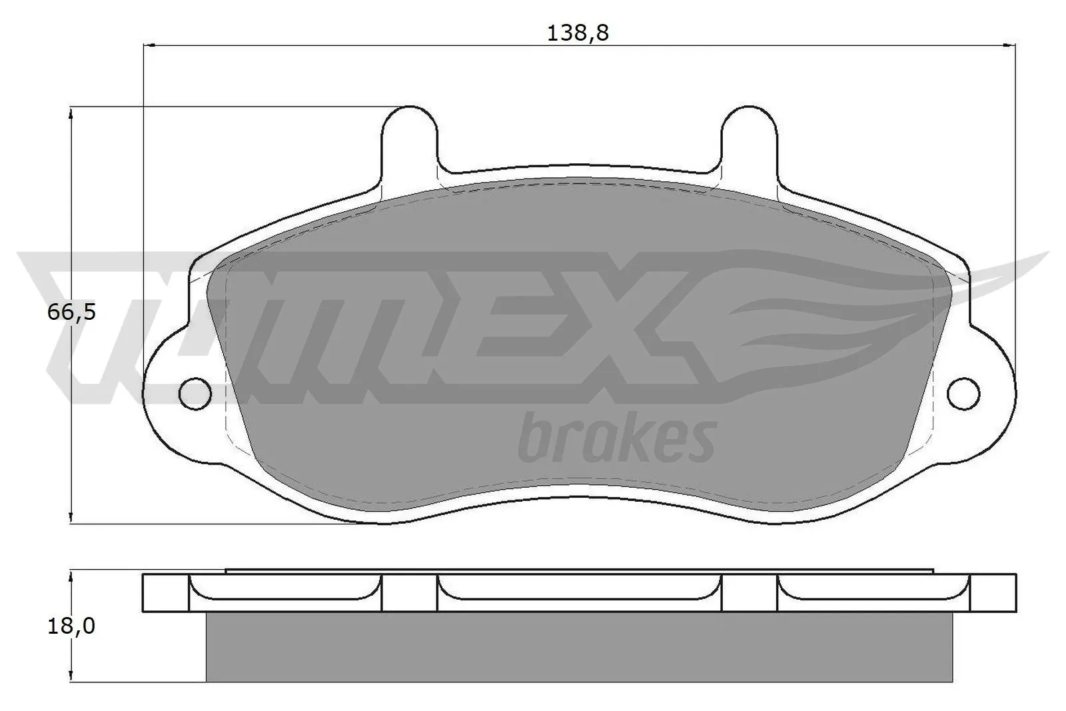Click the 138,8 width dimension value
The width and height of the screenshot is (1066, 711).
pyautogui.click(x=578, y=33)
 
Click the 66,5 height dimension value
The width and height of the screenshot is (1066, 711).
pyautogui.click(x=71, y=311)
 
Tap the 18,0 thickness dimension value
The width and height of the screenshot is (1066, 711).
pyautogui.click(x=71, y=626)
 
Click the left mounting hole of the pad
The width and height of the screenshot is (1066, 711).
pyautogui.click(x=195, y=393)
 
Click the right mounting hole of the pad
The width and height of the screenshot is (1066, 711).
pyautogui.click(x=964, y=393)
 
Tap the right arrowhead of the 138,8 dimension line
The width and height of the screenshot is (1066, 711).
pyautogui.click(x=1009, y=45)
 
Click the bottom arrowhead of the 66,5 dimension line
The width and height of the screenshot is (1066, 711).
pyautogui.click(x=71, y=517)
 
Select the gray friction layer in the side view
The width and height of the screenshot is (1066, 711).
pyautogui.click(x=580, y=646)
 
